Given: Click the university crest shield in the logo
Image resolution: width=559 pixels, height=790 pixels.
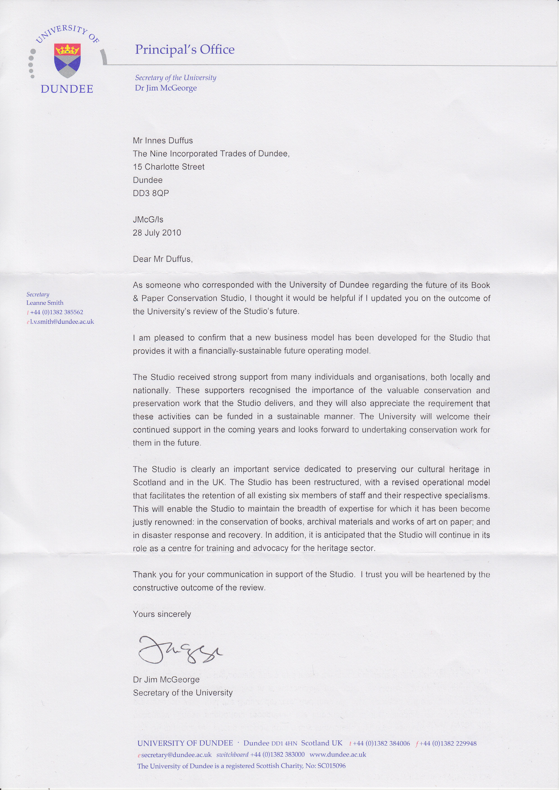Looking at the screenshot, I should [x=67, y=60].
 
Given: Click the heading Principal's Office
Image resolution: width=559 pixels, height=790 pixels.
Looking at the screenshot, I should [x=185, y=50].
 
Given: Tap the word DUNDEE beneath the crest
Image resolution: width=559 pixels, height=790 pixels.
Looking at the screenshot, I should [x=67, y=89].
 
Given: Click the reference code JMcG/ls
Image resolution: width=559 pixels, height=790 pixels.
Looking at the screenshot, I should [x=148, y=220].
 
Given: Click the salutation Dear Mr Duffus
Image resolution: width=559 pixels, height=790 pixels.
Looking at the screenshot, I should [x=163, y=259].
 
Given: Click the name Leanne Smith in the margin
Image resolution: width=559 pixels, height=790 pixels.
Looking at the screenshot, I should [x=45, y=303].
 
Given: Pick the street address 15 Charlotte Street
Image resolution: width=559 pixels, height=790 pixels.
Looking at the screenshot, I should [x=169, y=167].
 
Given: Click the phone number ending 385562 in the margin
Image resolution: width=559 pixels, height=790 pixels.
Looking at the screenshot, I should [x=57, y=312].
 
